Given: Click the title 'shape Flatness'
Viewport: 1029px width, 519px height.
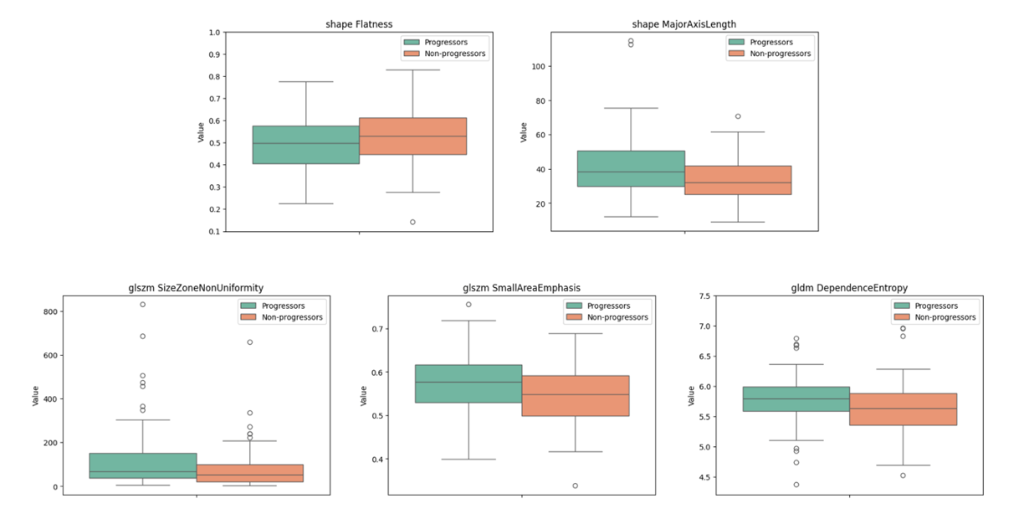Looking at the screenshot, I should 359,24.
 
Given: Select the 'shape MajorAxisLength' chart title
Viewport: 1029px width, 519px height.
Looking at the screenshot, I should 684,24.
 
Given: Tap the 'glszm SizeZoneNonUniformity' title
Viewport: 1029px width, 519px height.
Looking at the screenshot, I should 196,288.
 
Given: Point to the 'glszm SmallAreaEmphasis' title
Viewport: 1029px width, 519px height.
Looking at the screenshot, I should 521,288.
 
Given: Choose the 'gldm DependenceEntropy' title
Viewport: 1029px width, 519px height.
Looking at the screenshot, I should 849,288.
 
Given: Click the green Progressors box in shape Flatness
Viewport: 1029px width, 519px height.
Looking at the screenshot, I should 305,145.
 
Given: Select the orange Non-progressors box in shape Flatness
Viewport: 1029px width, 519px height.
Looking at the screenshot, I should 412,136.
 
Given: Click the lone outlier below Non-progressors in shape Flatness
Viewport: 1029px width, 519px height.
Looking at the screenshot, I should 412,222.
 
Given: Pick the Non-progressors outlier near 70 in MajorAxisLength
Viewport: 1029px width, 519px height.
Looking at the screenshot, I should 738,116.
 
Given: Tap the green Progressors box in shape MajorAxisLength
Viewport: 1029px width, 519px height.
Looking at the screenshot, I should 631,169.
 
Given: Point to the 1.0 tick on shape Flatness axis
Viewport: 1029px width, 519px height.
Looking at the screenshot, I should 214,33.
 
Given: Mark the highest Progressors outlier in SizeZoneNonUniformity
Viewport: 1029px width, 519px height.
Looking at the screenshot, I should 142,304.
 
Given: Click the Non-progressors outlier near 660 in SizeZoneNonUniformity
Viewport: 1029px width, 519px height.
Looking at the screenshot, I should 249,342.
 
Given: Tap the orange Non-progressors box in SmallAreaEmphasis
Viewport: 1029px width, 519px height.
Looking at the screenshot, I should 575,396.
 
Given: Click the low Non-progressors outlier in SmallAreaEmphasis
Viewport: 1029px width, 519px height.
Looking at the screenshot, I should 575,486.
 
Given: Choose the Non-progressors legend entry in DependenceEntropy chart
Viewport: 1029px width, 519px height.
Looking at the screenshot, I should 936,317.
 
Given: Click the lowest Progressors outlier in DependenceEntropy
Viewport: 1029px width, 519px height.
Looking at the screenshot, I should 796,485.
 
